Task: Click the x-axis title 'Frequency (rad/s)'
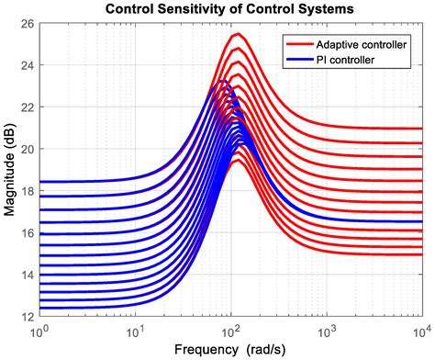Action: point(229,349)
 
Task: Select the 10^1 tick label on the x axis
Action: point(135,329)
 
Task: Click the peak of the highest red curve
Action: point(237,34)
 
